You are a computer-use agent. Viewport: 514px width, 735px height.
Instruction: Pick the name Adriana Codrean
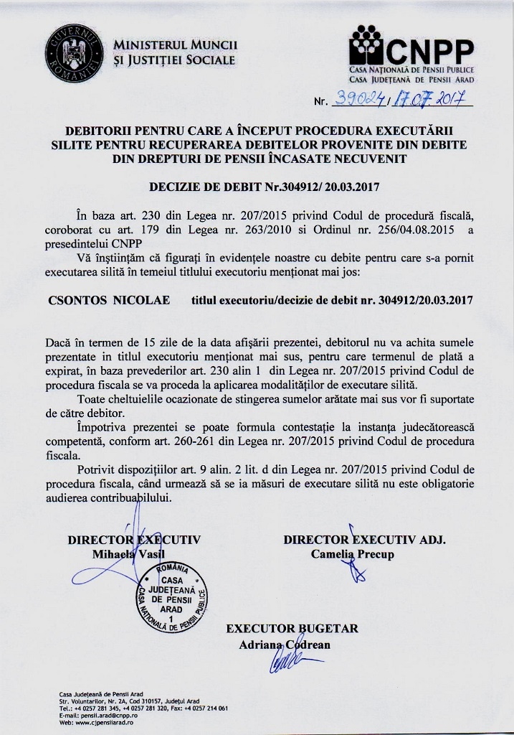(x=285, y=644)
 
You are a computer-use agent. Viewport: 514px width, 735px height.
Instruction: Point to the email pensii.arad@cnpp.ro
(x=104, y=716)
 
